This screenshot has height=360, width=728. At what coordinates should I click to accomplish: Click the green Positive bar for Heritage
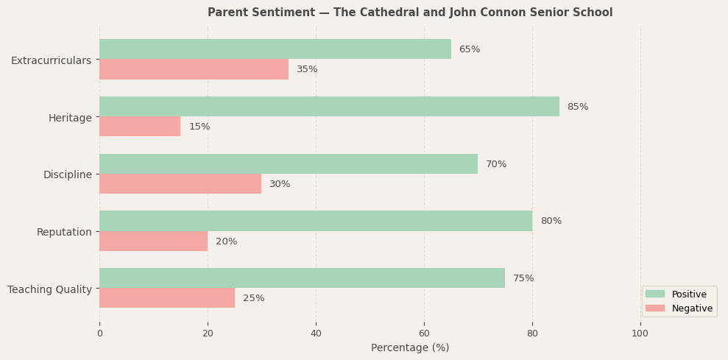329,106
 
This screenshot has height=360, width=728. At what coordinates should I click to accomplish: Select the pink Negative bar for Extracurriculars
194,69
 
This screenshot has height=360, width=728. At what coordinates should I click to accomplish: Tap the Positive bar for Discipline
289,163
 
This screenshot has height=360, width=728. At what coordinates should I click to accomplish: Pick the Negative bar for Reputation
153,241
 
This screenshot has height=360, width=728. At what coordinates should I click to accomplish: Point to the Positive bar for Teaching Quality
302,278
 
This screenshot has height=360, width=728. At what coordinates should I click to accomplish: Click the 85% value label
577,107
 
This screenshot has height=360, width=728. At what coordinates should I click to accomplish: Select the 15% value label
199,127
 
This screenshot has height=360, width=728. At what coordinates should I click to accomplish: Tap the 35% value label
307,69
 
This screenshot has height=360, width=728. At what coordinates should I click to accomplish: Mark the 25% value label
253,298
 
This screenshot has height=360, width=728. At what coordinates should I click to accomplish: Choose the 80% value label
551,221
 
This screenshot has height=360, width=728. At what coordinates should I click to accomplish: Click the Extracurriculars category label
51,60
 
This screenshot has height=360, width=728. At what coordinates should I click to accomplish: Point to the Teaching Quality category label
49,289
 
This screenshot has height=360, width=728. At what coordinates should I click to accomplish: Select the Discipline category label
67,174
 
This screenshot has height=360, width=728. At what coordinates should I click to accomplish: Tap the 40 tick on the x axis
316,333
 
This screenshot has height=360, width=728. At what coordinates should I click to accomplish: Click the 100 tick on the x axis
640,333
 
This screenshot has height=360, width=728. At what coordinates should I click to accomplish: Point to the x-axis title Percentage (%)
410,347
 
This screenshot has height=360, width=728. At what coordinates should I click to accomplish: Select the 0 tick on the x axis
99,333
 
